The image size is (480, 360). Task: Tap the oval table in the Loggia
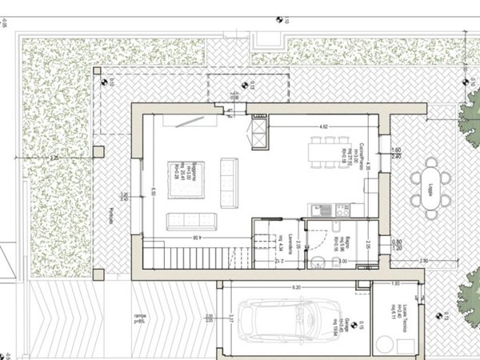coord(433,187)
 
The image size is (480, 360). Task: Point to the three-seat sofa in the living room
coord(190,221)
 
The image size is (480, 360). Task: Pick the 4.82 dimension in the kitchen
coord(323,126)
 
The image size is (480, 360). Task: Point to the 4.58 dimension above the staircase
coord(196,238)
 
